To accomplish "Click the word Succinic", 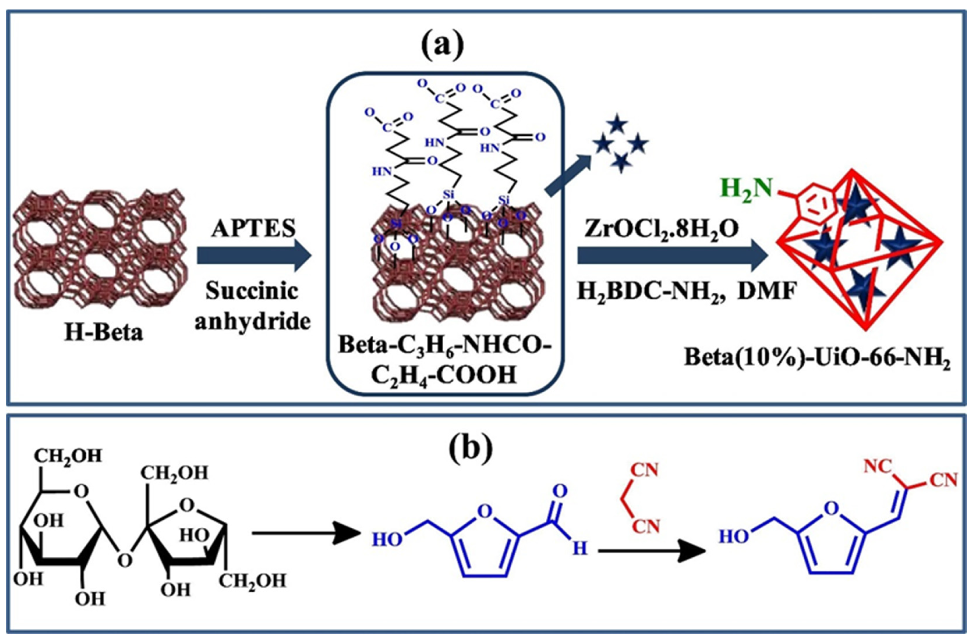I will point(251,292).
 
